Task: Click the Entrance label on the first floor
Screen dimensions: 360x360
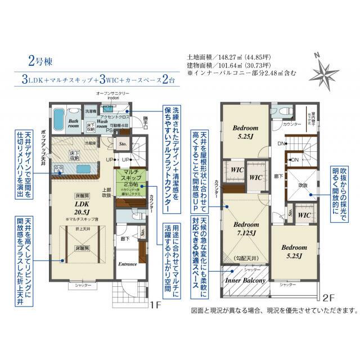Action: coord(128,264)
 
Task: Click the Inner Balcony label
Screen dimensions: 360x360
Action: coord(245,279)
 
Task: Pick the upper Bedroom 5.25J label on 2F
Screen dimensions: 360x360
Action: coord(245,132)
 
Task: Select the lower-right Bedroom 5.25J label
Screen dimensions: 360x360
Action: coord(294,251)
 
